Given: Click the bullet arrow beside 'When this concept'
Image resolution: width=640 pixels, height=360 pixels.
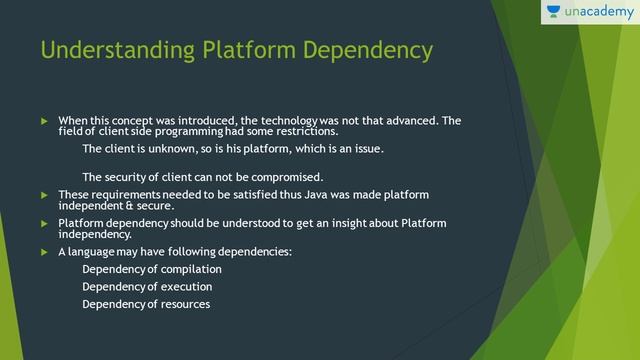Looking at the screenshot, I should pos(43,121).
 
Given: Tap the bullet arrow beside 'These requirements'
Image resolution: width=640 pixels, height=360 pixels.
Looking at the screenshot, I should pos(43,194).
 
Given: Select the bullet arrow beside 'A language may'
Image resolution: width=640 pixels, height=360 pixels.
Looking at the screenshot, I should pos(43,252).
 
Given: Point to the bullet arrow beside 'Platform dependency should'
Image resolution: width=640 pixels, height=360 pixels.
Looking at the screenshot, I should pos(43,223).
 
